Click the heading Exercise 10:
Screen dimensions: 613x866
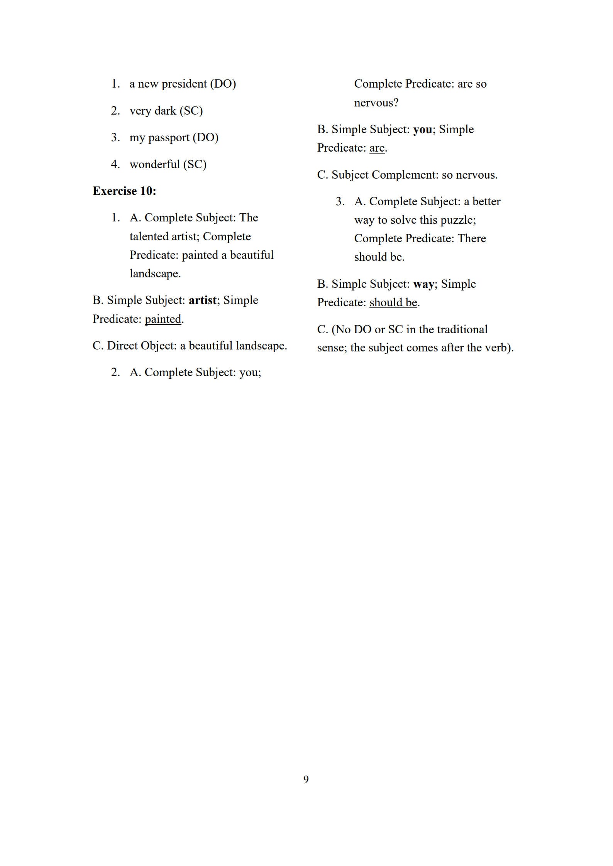point(124,191)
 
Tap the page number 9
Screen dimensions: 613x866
point(306,779)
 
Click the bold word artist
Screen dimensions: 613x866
point(202,300)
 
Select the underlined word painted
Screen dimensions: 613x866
point(163,319)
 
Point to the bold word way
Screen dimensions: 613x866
point(423,284)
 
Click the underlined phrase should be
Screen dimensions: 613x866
point(393,302)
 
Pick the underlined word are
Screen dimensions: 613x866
point(377,148)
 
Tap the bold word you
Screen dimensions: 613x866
point(423,129)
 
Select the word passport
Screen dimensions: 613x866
point(169,138)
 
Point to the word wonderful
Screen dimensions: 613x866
point(155,164)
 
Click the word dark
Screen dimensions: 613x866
point(165,111)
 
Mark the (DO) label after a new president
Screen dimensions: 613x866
point(223,84)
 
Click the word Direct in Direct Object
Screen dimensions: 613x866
point(122,346)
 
